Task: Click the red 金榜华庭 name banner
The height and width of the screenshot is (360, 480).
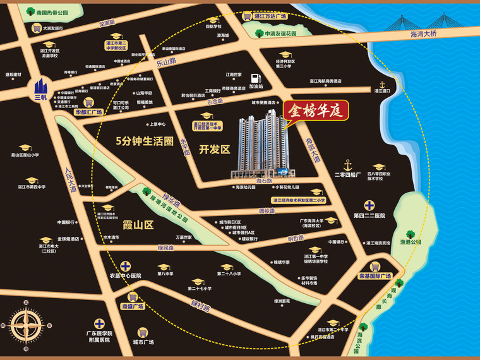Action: [x=315, y=114]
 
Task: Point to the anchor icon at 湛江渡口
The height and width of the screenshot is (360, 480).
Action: [x=381, y=84]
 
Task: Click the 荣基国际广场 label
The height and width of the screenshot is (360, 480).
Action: [x=375, y=276]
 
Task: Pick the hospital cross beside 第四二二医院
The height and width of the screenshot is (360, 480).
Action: [x=369, y=205]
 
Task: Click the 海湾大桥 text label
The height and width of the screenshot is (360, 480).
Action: [x=423, y=33]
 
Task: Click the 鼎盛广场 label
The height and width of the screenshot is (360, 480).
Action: [x=133, y=306]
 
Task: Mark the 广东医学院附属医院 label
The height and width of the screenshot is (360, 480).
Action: [x=99, y=336]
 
